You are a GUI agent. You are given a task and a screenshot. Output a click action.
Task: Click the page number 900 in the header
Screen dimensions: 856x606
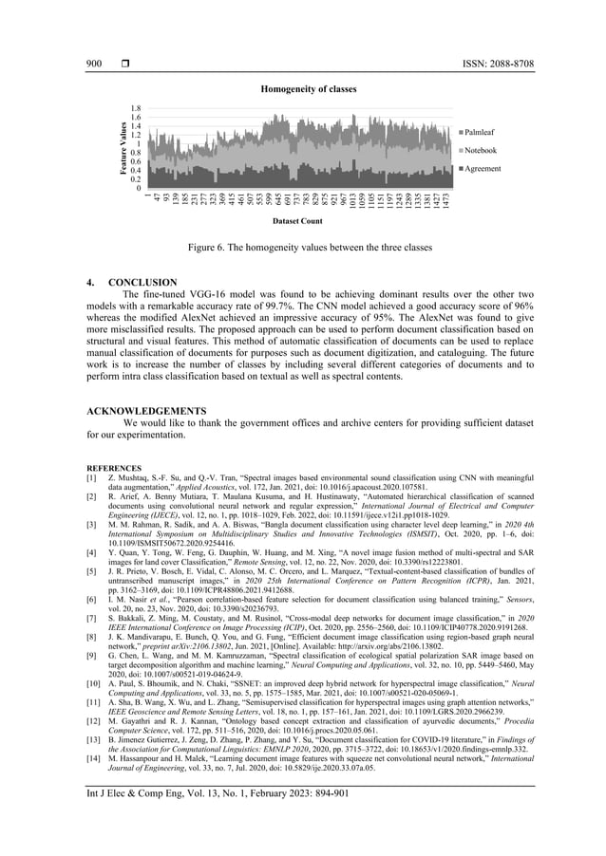click(x=93, y=64)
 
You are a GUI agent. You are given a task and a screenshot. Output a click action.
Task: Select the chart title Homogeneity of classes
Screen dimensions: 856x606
click(x=302, y=88)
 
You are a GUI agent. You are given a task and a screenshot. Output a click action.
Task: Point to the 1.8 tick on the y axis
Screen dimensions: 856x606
click(x=136, y=109)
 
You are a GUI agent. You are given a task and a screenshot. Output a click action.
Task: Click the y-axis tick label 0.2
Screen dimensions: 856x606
click(x=136, y=178)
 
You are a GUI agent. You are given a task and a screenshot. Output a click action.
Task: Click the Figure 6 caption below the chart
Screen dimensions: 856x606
click(x=303, y=247)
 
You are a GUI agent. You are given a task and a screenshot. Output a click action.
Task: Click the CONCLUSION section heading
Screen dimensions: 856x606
click(x=142, y=283)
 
